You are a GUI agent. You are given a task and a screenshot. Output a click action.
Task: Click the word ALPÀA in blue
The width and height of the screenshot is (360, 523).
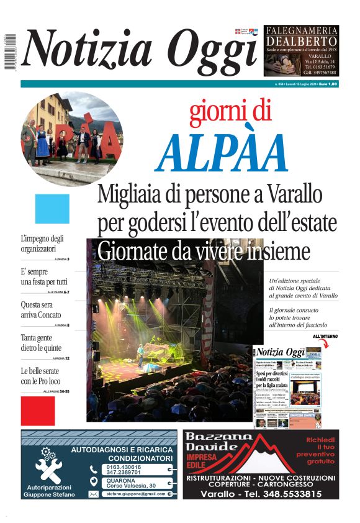click(x=222, y=153)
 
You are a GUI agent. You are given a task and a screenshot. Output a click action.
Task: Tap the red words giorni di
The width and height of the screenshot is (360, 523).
click(x=230, y=111)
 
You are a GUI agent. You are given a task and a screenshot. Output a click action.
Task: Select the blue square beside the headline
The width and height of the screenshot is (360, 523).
click(x=52, y=209)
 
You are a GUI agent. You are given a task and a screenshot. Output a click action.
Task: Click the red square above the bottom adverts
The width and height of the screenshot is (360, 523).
click(x=38, y=411)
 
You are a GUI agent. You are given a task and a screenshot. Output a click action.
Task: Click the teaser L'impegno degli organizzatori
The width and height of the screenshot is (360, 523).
click(x=42, y=243)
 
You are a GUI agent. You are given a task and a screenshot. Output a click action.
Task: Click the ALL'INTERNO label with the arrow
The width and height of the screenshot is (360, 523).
click(x=325, y=337)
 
